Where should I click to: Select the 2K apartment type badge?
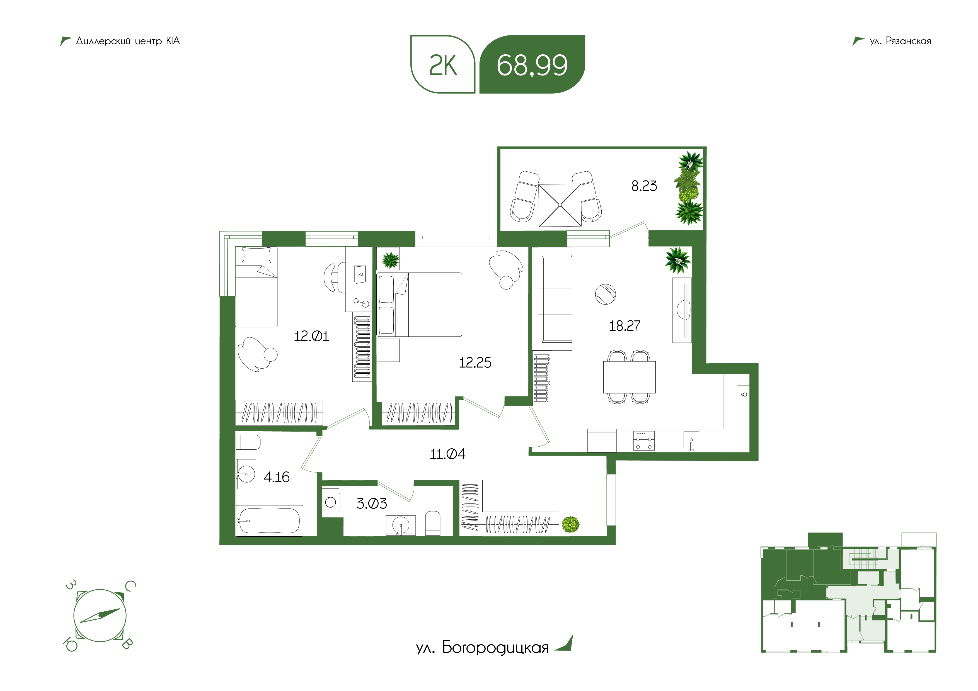tap(442, 64)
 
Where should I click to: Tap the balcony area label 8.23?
tap(644, 186)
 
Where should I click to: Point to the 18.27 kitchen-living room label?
tap(624, 326)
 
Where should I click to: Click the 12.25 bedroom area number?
tap(475, 363)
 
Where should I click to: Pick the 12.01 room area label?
tap(311, 336)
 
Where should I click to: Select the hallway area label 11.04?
tap(447, 454)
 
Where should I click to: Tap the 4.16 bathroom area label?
tap(277, 477)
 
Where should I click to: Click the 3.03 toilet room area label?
tap(371, 504)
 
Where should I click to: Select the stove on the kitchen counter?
tap(644, 441)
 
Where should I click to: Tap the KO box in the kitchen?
tap(743, 395)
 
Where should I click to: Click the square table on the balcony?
tap(560, 205)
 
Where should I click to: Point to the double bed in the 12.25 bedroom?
tap(420, 305)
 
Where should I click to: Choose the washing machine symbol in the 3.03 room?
tap(331, 502)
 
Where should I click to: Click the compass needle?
tap(100, 616)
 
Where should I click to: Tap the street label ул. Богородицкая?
tap(482, 648)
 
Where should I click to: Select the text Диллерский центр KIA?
tap(128, 41)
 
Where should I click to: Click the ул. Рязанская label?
tap(900, 41)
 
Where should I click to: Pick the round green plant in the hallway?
tap(570, 525)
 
